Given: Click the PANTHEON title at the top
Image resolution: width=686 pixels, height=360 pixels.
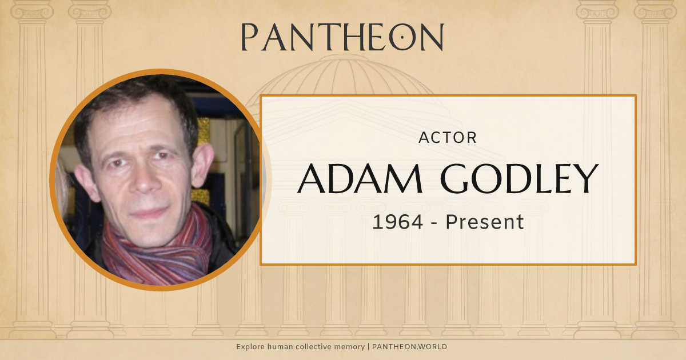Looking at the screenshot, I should (342, 37).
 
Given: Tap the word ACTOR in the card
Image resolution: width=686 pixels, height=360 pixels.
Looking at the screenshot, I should (448, 138).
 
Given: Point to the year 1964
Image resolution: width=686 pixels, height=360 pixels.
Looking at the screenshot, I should (397, 222).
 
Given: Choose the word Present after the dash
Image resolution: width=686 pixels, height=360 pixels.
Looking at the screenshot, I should (485, 222).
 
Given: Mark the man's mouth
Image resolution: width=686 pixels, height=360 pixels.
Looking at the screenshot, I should (150, 213).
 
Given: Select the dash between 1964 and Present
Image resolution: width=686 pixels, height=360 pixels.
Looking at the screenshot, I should (435, 223).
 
